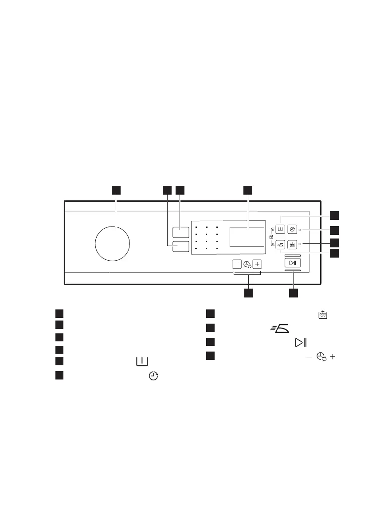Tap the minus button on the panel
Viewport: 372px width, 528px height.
[236, 264]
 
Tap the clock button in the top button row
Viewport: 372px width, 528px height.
[293, 230]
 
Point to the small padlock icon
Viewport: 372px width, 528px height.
[271, 237]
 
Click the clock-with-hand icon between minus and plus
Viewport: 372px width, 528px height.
[247, 264]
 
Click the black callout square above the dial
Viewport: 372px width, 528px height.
[116, 190]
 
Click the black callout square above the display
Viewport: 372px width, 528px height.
[247, 190]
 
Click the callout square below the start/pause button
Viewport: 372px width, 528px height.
[293, 293]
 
